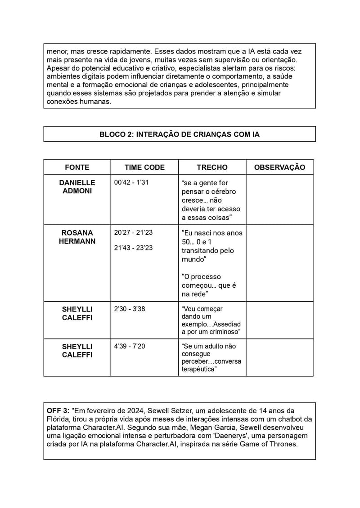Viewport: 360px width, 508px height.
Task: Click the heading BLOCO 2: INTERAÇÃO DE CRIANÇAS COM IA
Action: click(180, 134)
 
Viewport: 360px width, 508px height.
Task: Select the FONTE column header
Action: click(77, 167)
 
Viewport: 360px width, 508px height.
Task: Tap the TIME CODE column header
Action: click(144, 167)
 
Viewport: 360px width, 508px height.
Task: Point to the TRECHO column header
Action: click(212, 167)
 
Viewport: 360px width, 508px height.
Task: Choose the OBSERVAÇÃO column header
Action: click(279, 167)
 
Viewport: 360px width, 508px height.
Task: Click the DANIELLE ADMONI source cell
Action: click(77, 187)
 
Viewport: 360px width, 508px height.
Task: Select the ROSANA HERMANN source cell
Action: click(77, 237)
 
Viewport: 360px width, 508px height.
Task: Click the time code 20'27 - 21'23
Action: click(134, 233)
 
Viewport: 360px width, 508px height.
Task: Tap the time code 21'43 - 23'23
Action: click(134, 248)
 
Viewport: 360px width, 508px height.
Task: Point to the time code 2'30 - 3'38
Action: click(130, 309)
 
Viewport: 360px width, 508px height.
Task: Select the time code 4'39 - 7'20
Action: click(130, 347)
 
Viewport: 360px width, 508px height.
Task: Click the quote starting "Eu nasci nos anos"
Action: click(212, 246)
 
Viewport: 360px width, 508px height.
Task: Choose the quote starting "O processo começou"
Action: click(209, 285)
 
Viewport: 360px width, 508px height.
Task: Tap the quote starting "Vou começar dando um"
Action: click(211, 320)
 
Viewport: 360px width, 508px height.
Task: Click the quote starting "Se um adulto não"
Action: click(211, 357)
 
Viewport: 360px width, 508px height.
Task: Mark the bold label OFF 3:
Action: click(58, 410)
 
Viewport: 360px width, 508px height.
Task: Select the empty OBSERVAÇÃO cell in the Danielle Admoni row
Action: click(279, 200)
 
